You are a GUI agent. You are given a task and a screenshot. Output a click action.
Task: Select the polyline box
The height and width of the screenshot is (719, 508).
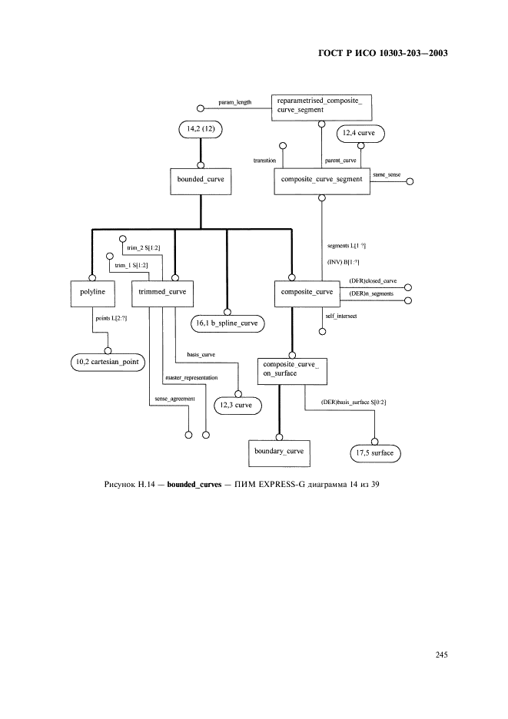click(93, 294)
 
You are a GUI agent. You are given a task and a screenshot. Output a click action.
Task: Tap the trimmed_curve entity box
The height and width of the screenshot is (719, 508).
click(162, 294)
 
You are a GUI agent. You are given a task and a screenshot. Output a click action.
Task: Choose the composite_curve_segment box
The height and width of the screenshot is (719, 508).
click(322, 181)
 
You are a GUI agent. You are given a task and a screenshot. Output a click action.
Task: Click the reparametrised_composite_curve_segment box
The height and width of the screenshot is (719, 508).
click(322, 108)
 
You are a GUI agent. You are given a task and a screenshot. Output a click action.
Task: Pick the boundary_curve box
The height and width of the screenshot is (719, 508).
click(280, 453)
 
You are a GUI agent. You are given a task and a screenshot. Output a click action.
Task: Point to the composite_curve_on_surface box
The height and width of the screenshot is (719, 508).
click(292, 372)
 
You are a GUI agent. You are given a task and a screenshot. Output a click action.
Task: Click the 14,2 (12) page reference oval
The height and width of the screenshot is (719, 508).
click(201, 129)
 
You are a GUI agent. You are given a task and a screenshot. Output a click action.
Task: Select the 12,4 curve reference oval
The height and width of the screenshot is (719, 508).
click(360, 134)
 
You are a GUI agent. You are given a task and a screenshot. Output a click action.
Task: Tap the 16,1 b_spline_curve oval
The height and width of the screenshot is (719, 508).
click(227, 323)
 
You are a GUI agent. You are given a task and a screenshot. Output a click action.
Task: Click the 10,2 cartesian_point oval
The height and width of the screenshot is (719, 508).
click(108, 363)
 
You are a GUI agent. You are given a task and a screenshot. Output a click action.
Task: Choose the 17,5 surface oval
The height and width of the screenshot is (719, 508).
click(375, 453)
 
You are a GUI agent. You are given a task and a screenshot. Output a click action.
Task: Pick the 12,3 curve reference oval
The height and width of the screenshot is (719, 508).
click(237, 406)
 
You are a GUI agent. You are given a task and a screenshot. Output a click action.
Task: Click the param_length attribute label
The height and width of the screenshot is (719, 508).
click(235, 102)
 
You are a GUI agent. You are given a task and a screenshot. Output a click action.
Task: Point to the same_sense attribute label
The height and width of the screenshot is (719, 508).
click(387, 174)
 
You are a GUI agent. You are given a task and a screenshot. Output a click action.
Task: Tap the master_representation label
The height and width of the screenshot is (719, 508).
click(191, 378)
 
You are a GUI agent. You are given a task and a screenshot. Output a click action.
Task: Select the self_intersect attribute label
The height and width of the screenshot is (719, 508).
click(341, 316)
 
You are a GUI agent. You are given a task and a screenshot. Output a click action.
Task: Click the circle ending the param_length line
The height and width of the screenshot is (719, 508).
click(201, 108)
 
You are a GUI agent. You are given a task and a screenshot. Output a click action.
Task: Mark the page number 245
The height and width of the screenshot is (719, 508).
click(441, 654)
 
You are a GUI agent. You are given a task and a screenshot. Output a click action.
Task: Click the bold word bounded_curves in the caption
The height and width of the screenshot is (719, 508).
click(194, 484)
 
